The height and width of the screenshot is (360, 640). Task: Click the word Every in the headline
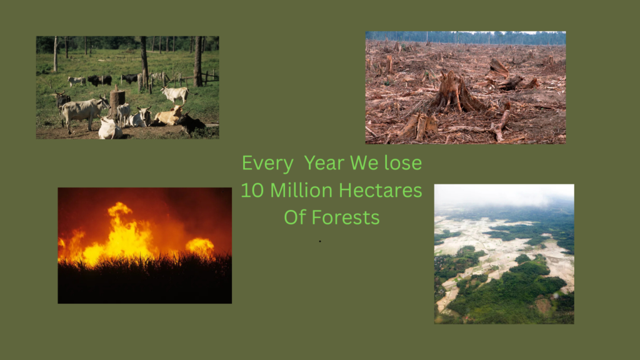tap(267, 164)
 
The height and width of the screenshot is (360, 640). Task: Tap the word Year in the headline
tap(324, 163)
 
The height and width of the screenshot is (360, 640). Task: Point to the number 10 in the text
tap(252, 190)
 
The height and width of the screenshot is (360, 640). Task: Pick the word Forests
tap(346, 217)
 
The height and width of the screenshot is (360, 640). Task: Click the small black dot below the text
tap(320, 241)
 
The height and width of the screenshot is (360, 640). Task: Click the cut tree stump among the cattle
tap(117, 102)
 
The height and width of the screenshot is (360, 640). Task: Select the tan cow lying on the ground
tap(169, 116)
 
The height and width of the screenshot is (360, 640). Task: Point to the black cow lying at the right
tap(191, 122)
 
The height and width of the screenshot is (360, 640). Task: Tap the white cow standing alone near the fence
tap(176, 94)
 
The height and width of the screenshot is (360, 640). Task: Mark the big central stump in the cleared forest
tap(455, 92)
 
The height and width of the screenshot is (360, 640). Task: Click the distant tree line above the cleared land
tap(465, 38)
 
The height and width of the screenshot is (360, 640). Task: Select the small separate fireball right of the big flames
tap(200, 247)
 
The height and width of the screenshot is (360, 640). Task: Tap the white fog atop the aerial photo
tap(504, 195)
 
